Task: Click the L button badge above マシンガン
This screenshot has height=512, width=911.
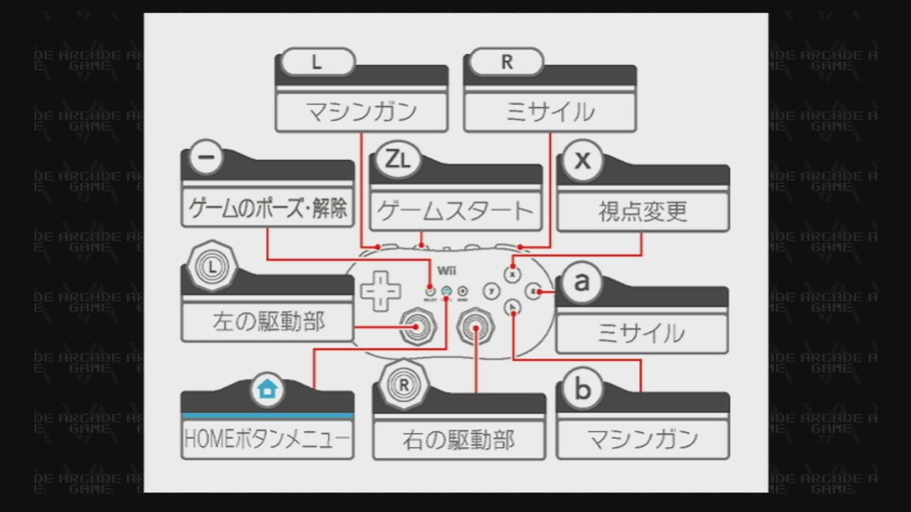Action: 317,62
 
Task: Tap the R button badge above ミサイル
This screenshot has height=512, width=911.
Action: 506,62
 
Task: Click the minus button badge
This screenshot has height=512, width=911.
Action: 207,159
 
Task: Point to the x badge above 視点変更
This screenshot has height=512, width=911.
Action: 582,160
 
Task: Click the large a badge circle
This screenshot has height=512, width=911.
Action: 582,282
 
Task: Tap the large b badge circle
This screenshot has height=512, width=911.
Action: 582,389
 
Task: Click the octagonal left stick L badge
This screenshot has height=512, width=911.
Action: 211,266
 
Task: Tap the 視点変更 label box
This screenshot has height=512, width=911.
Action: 643,211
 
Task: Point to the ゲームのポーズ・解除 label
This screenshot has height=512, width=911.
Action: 268,208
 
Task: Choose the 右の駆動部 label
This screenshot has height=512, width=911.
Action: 458,440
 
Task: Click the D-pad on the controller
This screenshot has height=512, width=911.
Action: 381,290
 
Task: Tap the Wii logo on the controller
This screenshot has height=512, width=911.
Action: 446,271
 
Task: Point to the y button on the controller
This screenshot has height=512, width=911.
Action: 491,291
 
